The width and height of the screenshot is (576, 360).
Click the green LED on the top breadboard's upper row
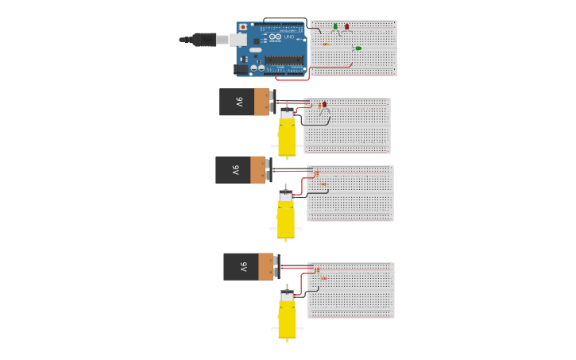tap(335, 26)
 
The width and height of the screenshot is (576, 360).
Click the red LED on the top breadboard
tap(346, 26)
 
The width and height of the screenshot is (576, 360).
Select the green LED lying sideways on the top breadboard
tap(358, 48)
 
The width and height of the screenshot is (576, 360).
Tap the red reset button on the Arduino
tap(243, 27)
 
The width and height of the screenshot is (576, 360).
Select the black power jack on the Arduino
tap(241, 69)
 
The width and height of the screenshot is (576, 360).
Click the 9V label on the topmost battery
tap(238, 102)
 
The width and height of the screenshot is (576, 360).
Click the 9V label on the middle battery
tap(234, 170)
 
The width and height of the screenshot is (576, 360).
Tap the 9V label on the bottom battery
tap(242, 267)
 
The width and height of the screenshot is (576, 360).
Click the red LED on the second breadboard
tap(324, 104)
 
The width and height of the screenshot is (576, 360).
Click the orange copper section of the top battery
tap(261, 102)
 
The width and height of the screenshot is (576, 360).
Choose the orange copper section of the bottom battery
tap(265, 267)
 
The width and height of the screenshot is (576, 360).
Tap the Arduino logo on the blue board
tap(275, 37)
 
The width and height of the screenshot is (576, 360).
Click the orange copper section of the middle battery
tap(257, 170)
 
